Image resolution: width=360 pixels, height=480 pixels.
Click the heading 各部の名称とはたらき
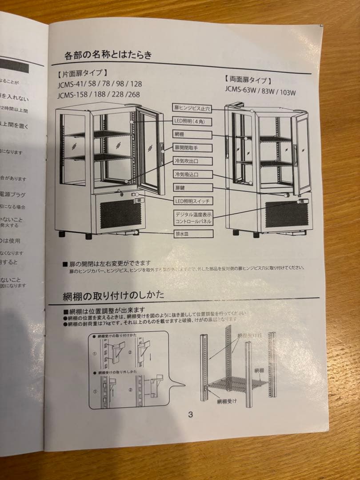pyautogui.click(x=108, y=55)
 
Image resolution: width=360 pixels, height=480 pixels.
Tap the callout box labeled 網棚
pyautogui.click(x=192, y=134)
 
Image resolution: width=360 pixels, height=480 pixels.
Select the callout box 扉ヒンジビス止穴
pyautogui.click(x=192, y=108)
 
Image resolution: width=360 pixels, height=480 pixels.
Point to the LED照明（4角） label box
pyautogui.click(x=192, y=121)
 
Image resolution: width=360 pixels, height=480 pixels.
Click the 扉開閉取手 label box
pyautogui.click(x=192, y=148)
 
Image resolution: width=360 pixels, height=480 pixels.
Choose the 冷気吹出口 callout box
pyautogui.click(x=192, y=161)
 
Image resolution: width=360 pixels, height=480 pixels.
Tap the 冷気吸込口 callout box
pyautogui.click(x=192, y=174)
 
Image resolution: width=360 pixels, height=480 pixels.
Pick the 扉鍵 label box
pyautogui.click(x=192, y=188)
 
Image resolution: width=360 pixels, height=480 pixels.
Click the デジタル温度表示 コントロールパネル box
pyautogui.click(x=193, y=218)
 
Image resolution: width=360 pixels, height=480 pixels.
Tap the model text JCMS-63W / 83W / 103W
pyautogui.click(x=260, y=92)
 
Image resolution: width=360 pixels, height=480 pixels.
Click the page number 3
pyautogui.click(x=190, y=415)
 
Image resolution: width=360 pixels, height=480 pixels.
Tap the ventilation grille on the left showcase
pyautogui.click(x=117, y=214)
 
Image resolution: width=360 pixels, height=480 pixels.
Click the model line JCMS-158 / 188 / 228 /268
pyautogui.click(x=98, y=95)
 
